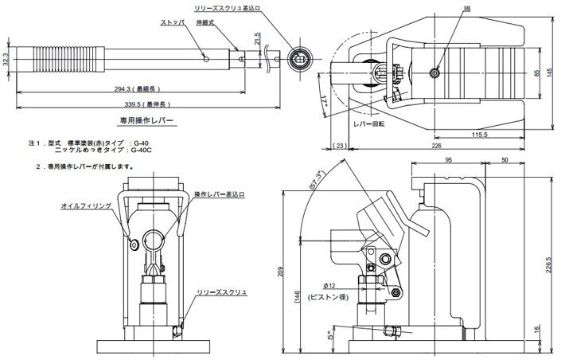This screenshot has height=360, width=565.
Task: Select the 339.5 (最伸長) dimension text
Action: (143, 104)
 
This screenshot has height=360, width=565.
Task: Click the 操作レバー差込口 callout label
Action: (220, 194)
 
